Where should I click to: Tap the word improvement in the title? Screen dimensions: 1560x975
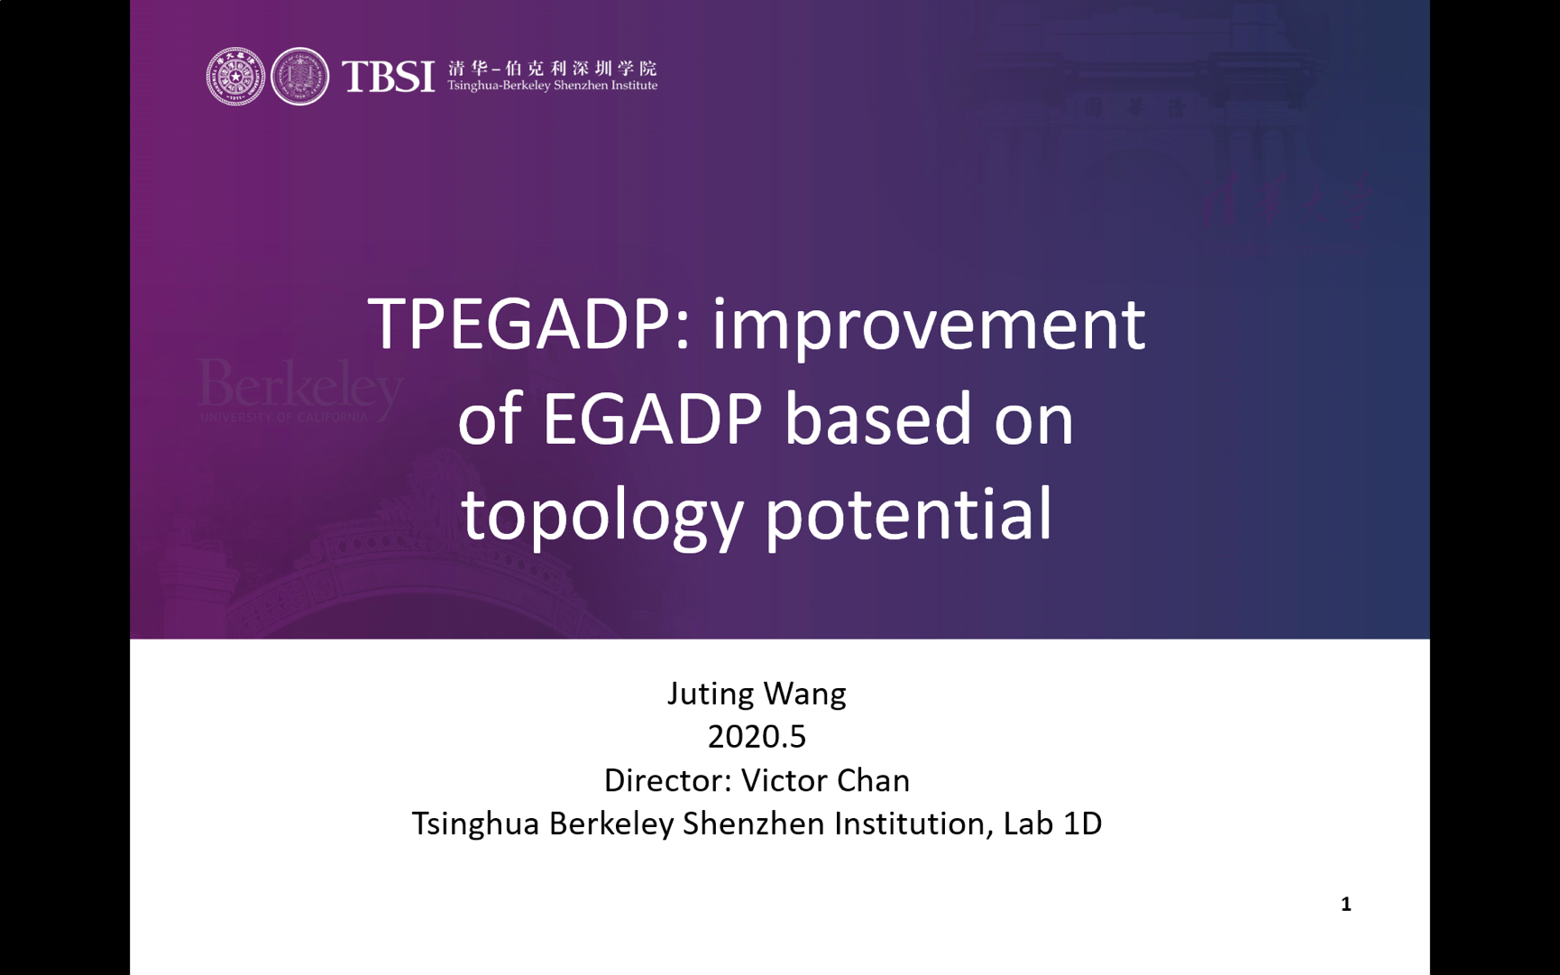coord(929,326)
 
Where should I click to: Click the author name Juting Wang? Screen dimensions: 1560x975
coord(757,694)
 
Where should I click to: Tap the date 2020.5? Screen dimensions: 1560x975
coord(757,737)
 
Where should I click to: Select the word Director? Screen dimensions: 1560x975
coord(666,780)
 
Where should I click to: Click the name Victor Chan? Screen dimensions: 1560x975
coord(825,780)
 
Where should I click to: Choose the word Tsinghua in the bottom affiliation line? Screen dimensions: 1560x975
coord(476,824)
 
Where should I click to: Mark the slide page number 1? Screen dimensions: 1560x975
coord(1345,905)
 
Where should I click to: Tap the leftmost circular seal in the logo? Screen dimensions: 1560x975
coord(235,77)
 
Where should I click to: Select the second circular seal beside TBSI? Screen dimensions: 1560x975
coord(300,77)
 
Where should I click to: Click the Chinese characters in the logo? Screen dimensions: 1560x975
coord(553,69)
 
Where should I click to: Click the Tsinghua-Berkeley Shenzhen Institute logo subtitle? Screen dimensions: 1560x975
coord(553,86)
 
